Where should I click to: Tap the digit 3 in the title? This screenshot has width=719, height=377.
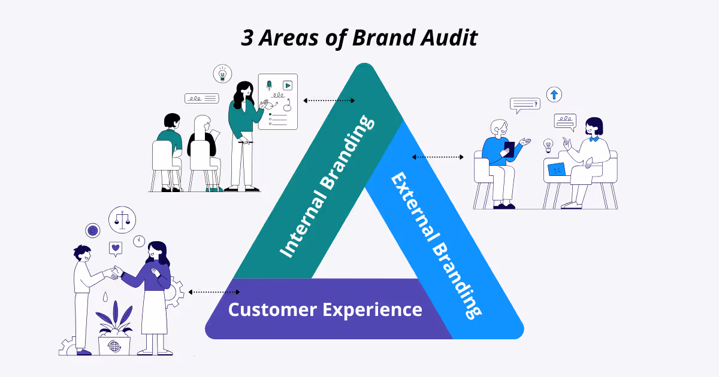click(x=247, y=38)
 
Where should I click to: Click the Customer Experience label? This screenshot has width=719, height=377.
click(x=325, y=309)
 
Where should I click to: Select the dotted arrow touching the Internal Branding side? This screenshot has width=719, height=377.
click(x=329, y=101)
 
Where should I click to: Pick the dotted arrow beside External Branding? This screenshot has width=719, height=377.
click(x=437, y=157)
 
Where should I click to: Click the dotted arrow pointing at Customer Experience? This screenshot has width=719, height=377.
click(x=214, y=292)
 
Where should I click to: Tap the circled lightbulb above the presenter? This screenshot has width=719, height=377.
click(x=222, y=74)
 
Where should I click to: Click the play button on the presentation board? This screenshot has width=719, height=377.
click(x=288, y=86)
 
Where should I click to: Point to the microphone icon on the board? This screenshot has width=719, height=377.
click(x=269, y=86)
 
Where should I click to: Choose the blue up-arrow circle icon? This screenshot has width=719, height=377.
click(x=554, y=94)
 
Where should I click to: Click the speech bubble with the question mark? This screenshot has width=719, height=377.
click(x=525, y=105)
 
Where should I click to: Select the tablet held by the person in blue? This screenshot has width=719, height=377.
click(x=509, y=150)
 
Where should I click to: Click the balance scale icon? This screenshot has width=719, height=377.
click(x=122, y=220)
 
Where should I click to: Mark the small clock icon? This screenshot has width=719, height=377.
click(x=139, y=241)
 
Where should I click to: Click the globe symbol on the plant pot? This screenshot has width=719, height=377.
click(x=114, y=346)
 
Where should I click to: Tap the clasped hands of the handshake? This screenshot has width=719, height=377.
click(x=114, y=272)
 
